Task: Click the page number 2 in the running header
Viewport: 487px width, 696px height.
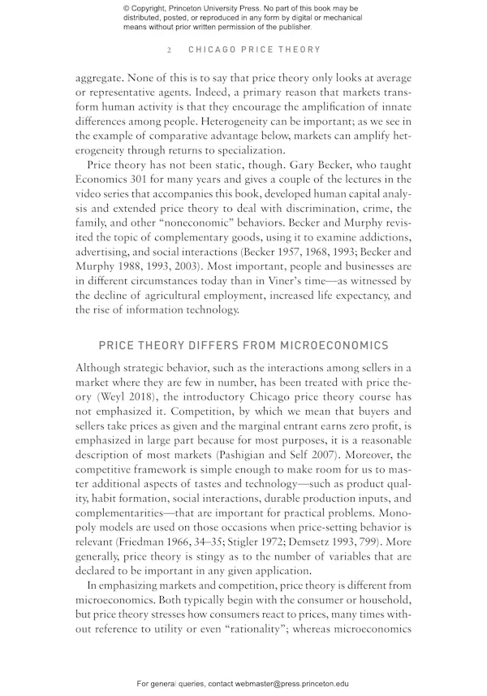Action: pos(169,50)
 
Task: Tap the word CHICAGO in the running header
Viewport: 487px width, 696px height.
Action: pos(213,50)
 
